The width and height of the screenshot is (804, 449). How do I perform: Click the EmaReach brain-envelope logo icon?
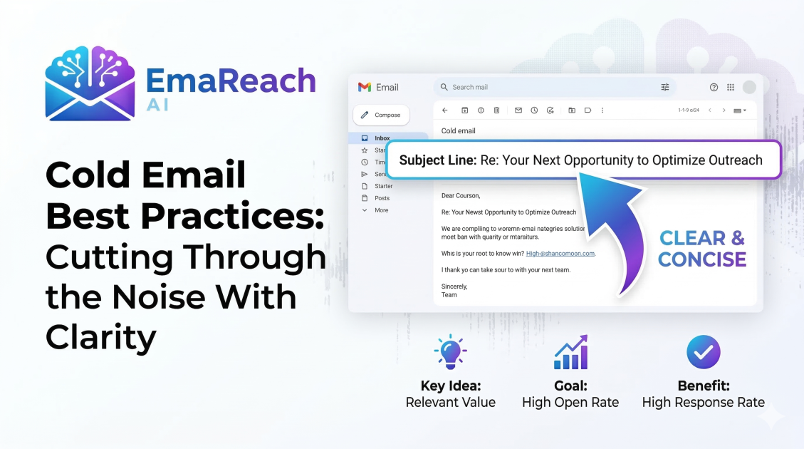tap(90, 83)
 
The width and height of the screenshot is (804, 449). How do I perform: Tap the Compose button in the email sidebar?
tap(381, 115)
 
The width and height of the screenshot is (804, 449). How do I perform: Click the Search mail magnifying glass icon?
tap(444, 87)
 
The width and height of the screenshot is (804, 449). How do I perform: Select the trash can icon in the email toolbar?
tap(496, 110)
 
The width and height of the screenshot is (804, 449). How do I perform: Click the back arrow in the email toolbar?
tap(445, 110)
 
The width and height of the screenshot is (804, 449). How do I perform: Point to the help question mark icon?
tap(714, 87)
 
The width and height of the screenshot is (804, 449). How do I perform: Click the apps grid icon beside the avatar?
tap(731, 87)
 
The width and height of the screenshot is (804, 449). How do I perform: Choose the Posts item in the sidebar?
tap(382, 198)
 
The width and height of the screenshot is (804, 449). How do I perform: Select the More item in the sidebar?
tap(382, 210)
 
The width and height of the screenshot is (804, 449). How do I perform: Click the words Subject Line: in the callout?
tap(438, 160)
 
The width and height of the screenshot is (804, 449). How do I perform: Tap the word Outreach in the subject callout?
tap(733, 160)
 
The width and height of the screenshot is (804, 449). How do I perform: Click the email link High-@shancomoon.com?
tap(560, 253)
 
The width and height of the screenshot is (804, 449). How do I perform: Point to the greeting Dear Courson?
tap(461, 195)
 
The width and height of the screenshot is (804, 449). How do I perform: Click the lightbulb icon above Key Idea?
tap(450, 352)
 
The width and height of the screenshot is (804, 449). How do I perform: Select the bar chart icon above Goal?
tap(570, 352)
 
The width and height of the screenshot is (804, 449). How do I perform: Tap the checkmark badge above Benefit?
tap(703, 352)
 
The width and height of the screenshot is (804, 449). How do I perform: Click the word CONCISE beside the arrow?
tap(702, 259)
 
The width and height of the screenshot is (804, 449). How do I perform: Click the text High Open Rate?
tap(570, 403)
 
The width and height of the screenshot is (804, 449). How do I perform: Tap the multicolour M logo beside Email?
tap(365, 87)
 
